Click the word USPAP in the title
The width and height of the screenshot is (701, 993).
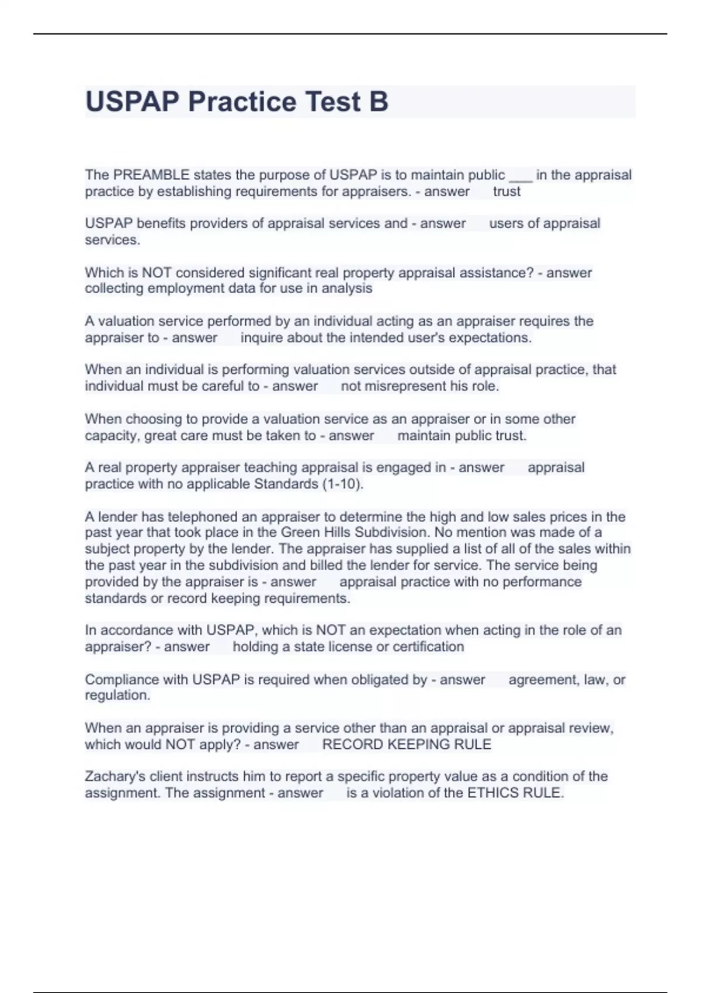pos(132,102)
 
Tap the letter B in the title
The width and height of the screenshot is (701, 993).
pos(379,102)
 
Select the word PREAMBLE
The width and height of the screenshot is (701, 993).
pos(151,175)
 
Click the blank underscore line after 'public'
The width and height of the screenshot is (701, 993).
pos(520,176)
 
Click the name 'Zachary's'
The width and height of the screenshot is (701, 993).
pos(115,776)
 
